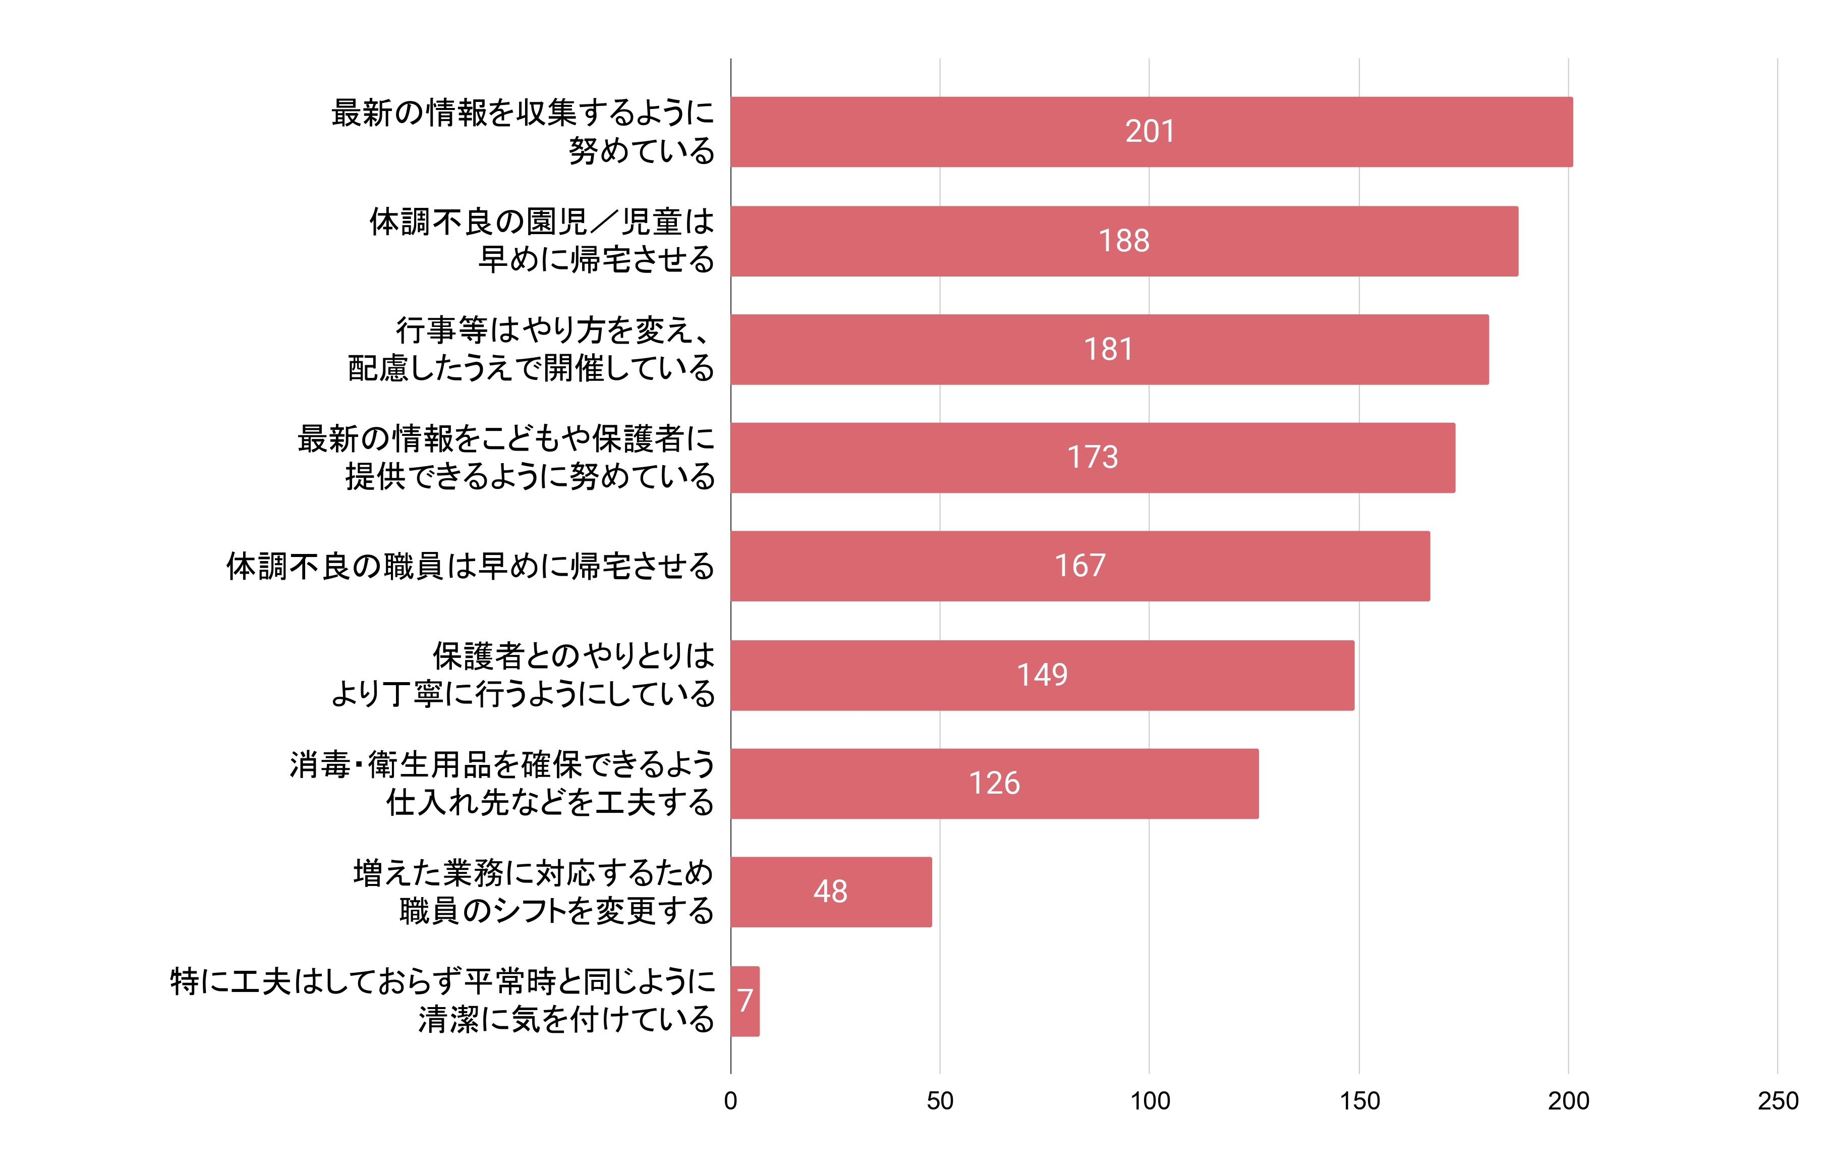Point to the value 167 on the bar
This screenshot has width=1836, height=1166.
(1079, 566)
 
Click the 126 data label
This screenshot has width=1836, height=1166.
(994, 783)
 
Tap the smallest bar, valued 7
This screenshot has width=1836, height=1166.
(745, 1001)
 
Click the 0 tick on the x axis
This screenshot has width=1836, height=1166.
(730, 1100)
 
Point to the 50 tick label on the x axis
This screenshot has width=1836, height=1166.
(940, 1100)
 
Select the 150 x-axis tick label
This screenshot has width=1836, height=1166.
(1359, 1100)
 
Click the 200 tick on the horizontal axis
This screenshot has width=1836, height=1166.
(1568, 1100)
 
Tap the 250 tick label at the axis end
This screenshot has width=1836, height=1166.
(1777, 1100)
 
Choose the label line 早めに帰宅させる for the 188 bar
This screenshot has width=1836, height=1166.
(596, 259)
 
